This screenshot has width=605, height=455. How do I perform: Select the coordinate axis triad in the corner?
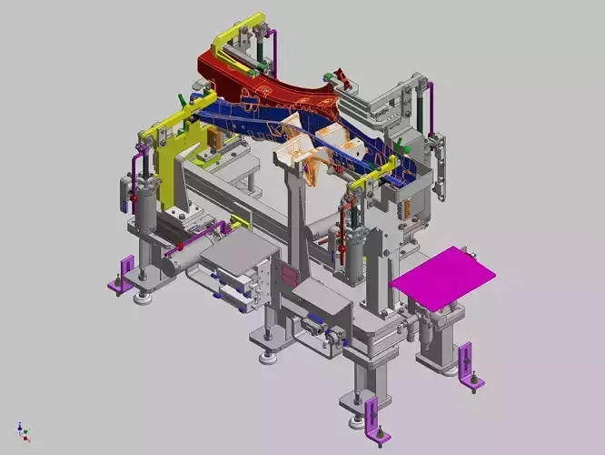click(x=23, y=430)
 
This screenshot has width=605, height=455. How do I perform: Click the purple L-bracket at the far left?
click(x=123, y=274)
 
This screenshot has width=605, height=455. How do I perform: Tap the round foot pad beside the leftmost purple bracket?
click(x=141, y=295)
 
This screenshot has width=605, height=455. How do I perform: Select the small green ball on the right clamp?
click(x=407, y=147)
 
